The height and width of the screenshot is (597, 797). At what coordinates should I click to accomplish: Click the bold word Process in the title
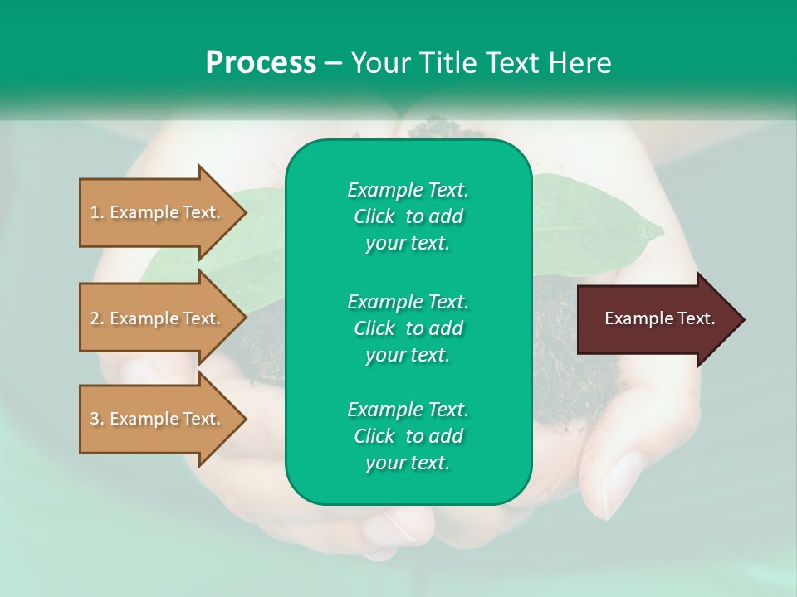tap(261, 63)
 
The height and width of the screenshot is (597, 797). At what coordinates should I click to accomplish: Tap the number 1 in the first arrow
tap(95, 212)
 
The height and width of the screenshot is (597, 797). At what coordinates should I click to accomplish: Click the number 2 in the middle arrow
tap(95, 318)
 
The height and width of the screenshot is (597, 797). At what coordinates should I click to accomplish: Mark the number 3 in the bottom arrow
tap(95, 419)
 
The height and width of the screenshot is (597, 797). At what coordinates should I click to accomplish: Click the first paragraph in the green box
tap(408, 216)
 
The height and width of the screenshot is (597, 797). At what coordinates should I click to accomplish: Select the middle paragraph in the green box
tap(408, 328)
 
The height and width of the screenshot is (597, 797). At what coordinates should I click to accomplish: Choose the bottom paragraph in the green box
tap(408, 436)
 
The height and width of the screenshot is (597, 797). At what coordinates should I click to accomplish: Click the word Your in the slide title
tap(380, 63)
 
